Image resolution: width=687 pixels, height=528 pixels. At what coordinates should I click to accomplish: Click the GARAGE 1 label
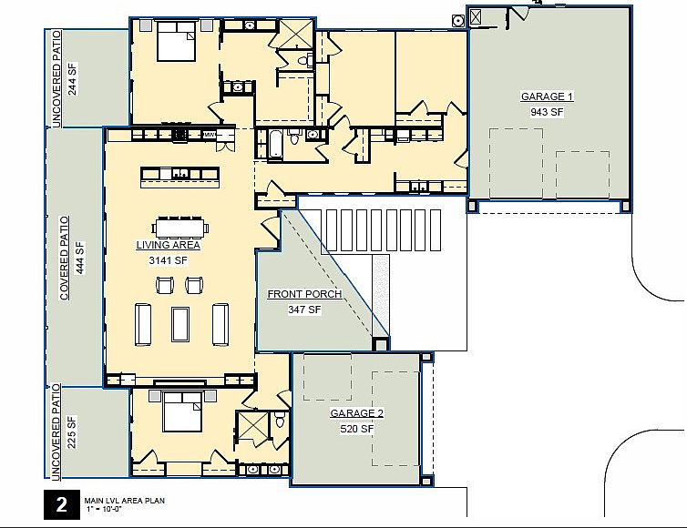(x=547, y=96)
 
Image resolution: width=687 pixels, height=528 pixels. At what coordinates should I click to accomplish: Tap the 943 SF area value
(x=547, y=112)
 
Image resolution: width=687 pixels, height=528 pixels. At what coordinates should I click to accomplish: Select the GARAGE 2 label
(x=356, y=413)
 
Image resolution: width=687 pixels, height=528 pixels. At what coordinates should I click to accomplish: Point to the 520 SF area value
(x=356, y=429)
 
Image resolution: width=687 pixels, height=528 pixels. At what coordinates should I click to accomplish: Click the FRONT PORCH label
(x=304, y=294)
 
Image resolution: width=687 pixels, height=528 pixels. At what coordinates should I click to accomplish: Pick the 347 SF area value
(x=304, y=310)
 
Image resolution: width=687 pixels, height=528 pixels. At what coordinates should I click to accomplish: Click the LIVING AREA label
(x=169, y=245)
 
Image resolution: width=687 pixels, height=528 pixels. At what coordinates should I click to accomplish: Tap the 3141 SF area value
(x=169, y=261)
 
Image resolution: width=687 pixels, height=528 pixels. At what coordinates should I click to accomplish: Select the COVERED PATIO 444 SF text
(x=72, y=259)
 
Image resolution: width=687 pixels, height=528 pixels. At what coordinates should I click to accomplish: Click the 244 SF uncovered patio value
(x=72, y=79)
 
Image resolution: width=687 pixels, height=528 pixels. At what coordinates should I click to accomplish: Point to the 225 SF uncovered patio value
(x=72, y=432)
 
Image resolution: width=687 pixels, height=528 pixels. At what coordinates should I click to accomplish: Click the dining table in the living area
(x=180, y=228)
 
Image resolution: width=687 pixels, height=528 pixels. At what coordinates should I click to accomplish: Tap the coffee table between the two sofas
(x=180, y=324)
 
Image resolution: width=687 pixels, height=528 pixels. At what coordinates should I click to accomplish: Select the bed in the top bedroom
(x=176, y=42)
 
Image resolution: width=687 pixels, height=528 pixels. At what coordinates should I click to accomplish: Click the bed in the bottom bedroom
(x=182, y=411)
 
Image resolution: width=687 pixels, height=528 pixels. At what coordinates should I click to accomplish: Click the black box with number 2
(x=61, y=505)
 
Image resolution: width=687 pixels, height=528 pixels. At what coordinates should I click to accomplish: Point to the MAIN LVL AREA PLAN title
(x=125, y=501)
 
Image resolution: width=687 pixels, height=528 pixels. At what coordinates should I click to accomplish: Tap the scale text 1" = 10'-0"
(x=104, y=509)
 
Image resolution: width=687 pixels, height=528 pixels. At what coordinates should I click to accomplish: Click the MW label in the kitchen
(x=209, y=135)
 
